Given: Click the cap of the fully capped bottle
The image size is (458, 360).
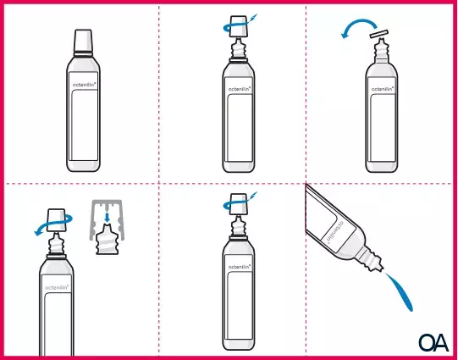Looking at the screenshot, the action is pyautogui.click(x=83, y=41).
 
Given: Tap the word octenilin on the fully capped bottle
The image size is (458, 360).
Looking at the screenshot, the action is pyautogui.click(x=84, y=85).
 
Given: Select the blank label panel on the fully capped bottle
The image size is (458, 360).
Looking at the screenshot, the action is pyautogui.click(x=85, y=125).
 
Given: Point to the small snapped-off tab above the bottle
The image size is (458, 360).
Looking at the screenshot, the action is pyautogui.click(x=379, y=34).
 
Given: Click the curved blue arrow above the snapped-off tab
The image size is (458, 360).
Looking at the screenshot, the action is pyautogui.click(x=359, y=22).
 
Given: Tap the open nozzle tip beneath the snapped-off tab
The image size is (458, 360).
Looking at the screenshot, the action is pyautogui.click(x=380, y=41).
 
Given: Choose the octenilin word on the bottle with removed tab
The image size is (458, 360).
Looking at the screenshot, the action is pyautogui.click(x=383, y=89).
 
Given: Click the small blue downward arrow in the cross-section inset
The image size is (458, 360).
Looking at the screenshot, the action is pyautogui.click(x=108, y=217).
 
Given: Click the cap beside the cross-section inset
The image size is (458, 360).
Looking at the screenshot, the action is pyautogui.click(x=56, y=220).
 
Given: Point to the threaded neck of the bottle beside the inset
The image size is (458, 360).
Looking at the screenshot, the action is pyautogui.click(x=56, y=245).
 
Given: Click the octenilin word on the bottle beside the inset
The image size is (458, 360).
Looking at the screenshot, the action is pyautogui.click(x=57, y=288).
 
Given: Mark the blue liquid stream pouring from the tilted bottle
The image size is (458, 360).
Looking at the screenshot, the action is pyautogui.click(x=400, y=292).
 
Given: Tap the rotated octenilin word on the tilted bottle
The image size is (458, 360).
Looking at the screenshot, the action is pyautogui.click(x=335, y=233).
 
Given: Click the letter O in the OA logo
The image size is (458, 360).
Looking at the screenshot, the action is pyautogui.click(x=427, y=343).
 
